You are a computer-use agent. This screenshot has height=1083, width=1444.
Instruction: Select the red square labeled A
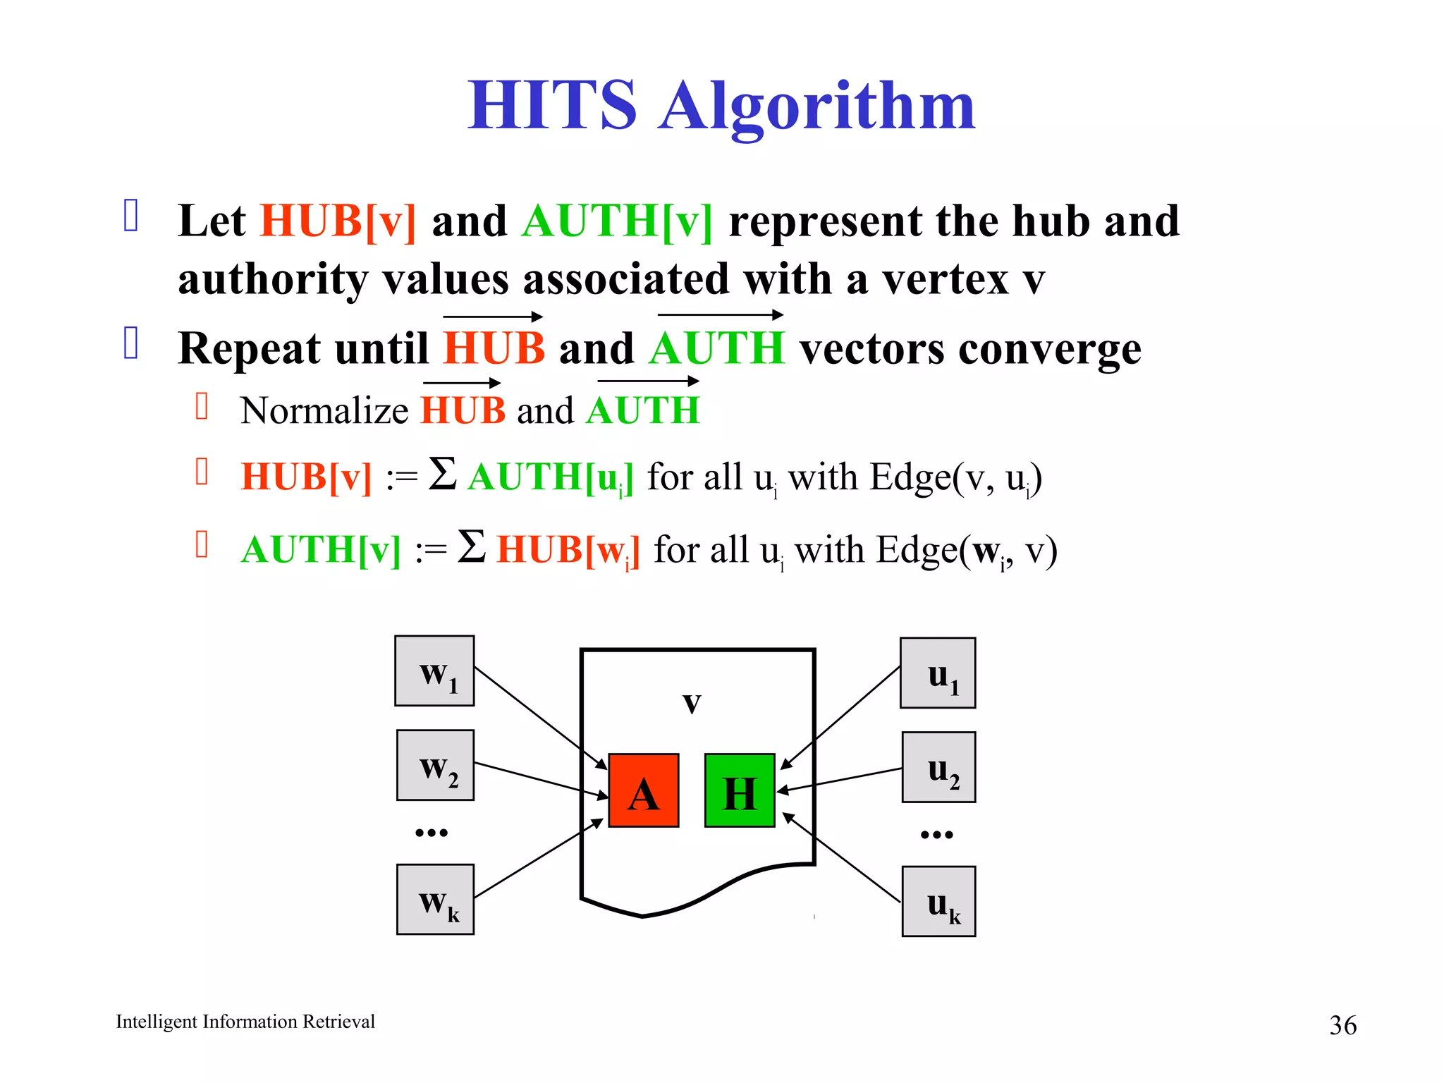[x=643, y=790]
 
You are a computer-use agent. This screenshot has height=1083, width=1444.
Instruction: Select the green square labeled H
[x=740, y=790]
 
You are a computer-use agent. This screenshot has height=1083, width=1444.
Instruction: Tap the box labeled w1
[x=434, y=671]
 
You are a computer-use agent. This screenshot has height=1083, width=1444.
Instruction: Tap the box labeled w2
[x=435, y=765]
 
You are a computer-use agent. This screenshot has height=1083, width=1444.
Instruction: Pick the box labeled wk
[x=435, y=899]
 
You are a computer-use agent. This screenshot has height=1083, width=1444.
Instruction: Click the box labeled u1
[x=938, y=673]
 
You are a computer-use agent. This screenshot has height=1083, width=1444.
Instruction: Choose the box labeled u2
[x=938, y=767]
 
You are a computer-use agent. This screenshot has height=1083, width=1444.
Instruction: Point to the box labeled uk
[x=938, y=901]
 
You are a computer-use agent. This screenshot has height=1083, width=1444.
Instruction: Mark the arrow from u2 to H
[x=839, y=780]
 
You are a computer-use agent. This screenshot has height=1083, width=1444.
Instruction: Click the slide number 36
[x=1342, y=1025]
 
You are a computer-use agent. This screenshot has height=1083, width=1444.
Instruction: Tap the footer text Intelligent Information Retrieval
[x=245, y=1022]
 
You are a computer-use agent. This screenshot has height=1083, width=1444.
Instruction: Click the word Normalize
[x=324, y=410]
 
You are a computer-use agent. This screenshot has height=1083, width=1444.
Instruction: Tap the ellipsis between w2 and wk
[x=432, y=833]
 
